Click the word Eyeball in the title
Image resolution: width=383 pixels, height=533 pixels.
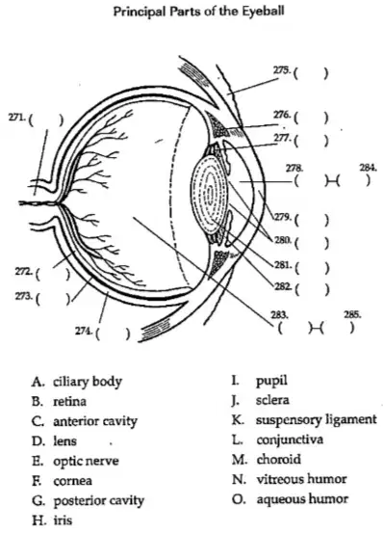click(x=263, y=12)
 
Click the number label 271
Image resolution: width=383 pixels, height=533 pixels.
click(x=16, y=118)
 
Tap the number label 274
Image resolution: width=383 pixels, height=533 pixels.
click(x=84, y=331)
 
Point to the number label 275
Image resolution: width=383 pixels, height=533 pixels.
click(x=282, y=70)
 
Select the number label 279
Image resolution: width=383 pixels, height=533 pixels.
click(x=282, y=217)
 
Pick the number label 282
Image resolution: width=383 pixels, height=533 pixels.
click(x=282, y=286)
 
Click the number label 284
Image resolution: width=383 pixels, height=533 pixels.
click(x=369, y=168)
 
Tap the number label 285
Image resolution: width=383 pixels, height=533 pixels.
click(x=352, y=314)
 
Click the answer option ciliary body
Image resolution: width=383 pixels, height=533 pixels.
click(x=88, y=382)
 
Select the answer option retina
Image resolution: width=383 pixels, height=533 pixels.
click(x=70, y=402)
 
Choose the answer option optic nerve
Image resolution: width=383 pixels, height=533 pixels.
click(x=87, y=462)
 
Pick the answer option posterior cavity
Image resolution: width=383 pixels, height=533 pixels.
click(x=99, y=500)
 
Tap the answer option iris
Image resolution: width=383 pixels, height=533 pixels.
click(x=63, y=520)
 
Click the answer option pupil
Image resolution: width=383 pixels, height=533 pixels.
click(x=271, y=381)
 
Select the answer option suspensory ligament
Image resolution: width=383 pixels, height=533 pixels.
click(x=317, y=420)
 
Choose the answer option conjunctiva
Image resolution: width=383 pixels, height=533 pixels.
click(x=290, y=440)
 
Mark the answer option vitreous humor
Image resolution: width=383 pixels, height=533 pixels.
click(x=301, y=479)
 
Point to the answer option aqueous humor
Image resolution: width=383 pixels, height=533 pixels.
click(x=302, y=499)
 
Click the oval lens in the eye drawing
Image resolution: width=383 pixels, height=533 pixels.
click(x=210, y=193)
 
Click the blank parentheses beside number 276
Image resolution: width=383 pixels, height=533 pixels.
click(x=311, y=118)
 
